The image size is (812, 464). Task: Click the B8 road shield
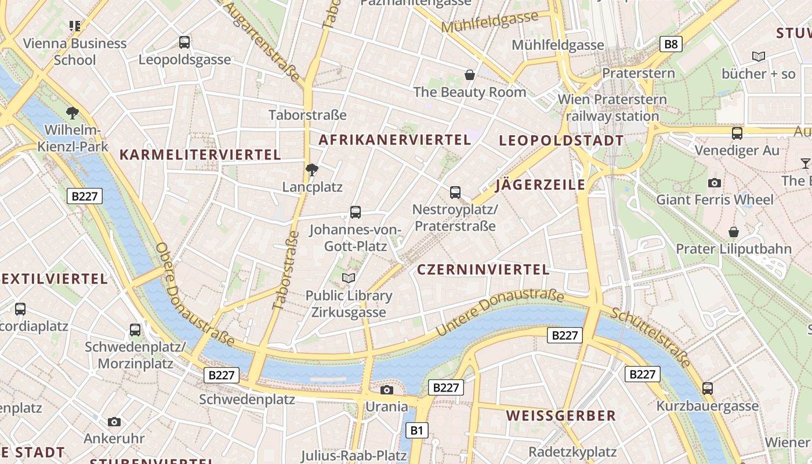click(670, 44)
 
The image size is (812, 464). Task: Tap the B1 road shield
click(417, 430)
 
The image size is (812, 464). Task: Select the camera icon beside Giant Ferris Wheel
click(715, 183)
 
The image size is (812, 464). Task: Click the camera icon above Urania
click(387, 390)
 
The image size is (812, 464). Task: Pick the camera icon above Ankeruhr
click(114, 422)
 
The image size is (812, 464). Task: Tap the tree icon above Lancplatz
click(312, 170)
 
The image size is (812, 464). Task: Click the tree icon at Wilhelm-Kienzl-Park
click(72, 113)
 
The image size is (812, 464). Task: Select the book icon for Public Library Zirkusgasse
click(349, 278)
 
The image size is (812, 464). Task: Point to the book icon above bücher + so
click(758, 57)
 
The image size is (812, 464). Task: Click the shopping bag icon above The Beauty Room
click(470, 75)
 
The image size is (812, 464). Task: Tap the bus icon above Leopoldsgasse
click(184, 42)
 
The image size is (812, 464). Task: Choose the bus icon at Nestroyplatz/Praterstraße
click(455, 192)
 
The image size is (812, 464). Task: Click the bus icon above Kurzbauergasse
click(708, 389)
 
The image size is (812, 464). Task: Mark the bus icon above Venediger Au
click(737, 133)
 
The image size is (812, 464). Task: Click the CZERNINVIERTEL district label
click(483, 270)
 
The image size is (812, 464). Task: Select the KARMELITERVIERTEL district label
click(200, 155)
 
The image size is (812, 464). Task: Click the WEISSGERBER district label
click(561, 416)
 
